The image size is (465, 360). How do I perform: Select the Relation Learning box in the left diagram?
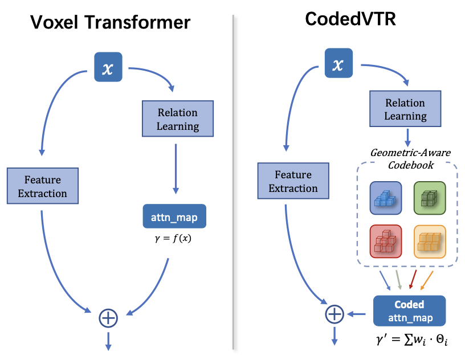click(178, 119)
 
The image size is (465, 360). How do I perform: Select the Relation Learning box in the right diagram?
click(405, 109)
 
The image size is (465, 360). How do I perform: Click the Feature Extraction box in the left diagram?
click(42, 186)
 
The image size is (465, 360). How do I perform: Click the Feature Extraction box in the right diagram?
click(293, 181)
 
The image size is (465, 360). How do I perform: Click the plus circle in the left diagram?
click(108, 317)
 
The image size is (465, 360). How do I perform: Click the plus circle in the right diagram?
click(335, 313)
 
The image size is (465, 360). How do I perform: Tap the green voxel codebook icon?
click(429, 198)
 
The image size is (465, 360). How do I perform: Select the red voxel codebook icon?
click(386, 242)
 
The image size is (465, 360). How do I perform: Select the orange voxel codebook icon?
click(429, 242)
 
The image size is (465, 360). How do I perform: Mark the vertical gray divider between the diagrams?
click(234, 182)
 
